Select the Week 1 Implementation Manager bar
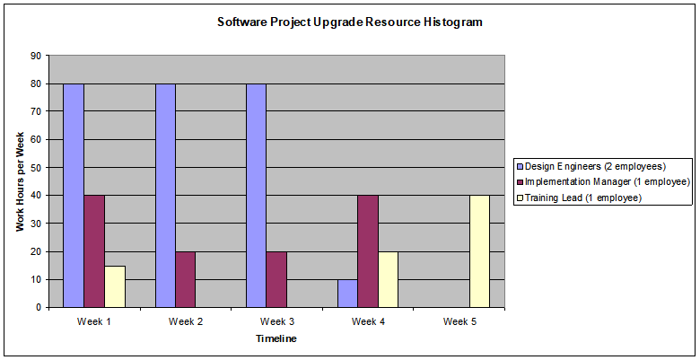(94, 250)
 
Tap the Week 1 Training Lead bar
(115, 286)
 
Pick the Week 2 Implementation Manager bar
(186, 279)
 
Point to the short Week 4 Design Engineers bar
(347, 294)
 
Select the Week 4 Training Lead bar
(389, 279)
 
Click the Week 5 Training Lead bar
(480, 250)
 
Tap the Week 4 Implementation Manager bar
(368, 250)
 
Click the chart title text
(350, 22)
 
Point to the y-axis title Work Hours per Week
(20, 180)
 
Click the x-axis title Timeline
(276, 338)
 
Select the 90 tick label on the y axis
(35, 55)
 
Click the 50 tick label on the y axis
(35, 167)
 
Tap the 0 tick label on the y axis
(38, 307)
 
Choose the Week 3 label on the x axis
(276, 321)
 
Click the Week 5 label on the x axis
(459, 321)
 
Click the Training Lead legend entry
(583, 197)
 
